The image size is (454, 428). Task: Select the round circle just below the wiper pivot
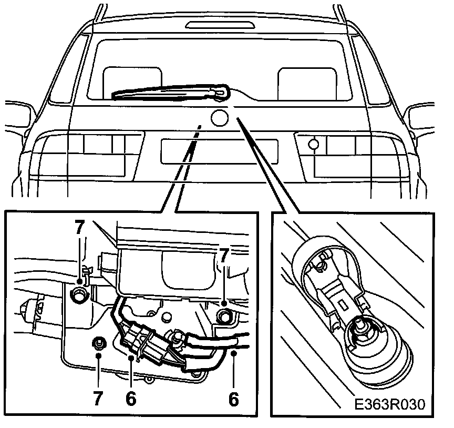tap(219, 118)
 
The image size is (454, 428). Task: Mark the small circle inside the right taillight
tap(314, 144)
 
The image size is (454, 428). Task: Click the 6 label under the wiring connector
tap(131, 398)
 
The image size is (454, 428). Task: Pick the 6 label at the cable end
tap(233, 398)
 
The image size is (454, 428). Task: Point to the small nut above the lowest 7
tap(98, 344)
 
